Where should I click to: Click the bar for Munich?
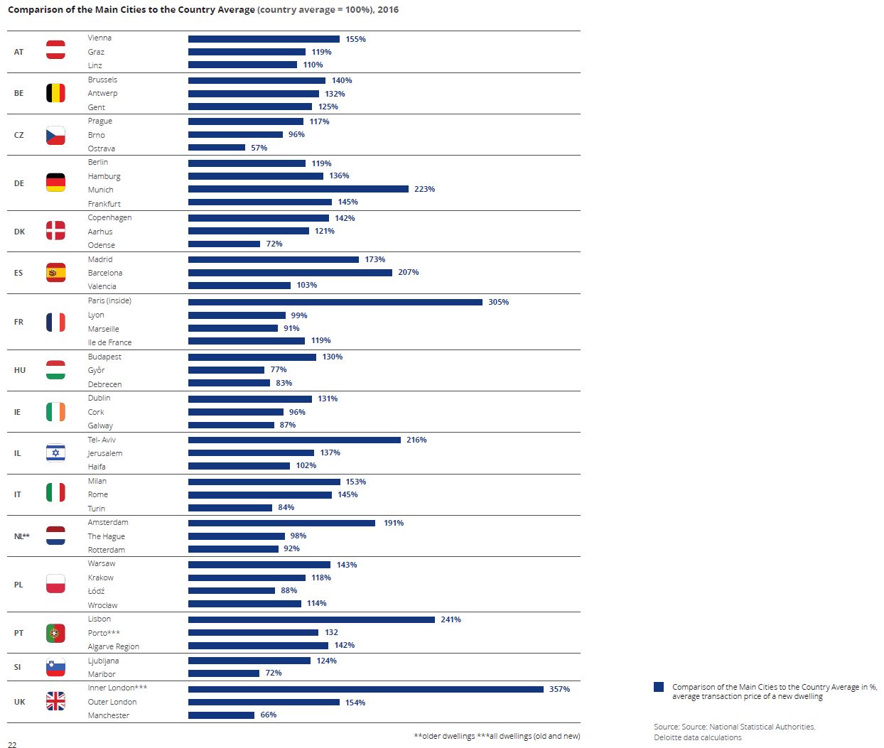(x=298, y=189)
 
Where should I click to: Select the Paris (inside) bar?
(x=335, y=302)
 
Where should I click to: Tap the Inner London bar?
(x=365, y=689)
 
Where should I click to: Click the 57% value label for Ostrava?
(x=259, y=148)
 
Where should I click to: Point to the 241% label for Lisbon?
(x=451, y=619)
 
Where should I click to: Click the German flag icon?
(x=55, y=183)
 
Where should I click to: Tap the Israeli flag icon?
(x=55, y=452)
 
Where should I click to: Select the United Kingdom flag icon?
(x=55, y=701)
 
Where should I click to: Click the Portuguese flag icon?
(x=55, y=632)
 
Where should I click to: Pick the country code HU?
(x=20, y=370)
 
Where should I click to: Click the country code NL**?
(x=22, y=536)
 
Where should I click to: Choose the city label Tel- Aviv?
(x=102, y=440)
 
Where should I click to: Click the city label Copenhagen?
(x=109, y=217)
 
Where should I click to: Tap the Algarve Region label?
(x=113, y=646)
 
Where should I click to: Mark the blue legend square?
(x=659, y=687)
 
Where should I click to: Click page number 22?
(x=12, y=744)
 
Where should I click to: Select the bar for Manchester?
(x=221, y=715)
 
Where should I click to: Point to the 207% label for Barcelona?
(x=408, y=272)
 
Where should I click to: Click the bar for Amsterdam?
(x=281, y=523)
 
